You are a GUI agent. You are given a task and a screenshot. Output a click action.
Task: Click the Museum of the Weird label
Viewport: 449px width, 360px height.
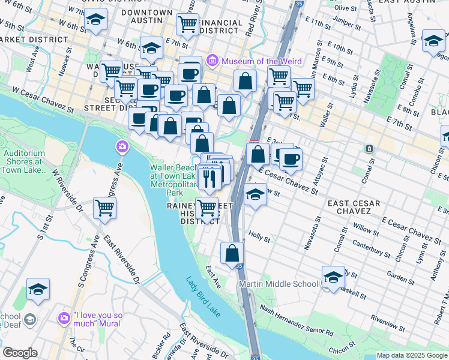pos(258,61)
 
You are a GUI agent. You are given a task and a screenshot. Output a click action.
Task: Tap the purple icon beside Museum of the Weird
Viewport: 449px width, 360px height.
pos(212,61)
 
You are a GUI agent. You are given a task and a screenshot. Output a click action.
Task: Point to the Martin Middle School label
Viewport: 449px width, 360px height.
pos(279,284)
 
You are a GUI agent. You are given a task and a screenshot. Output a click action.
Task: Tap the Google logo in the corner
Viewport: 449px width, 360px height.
pos(20,353)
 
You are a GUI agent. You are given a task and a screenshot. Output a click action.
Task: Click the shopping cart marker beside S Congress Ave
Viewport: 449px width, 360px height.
pos(105,208)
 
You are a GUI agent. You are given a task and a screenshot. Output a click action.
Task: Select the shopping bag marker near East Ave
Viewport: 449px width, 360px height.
pos(232,253)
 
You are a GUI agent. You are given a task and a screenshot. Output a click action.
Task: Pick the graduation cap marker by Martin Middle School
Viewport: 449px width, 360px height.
pos(333,277)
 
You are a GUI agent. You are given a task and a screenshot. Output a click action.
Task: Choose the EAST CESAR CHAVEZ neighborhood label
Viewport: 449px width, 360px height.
pos(354,208)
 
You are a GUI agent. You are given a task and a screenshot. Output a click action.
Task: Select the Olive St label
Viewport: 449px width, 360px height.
pos(345,8)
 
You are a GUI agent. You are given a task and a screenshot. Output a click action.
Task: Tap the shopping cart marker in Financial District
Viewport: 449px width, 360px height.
pos(187,25)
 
